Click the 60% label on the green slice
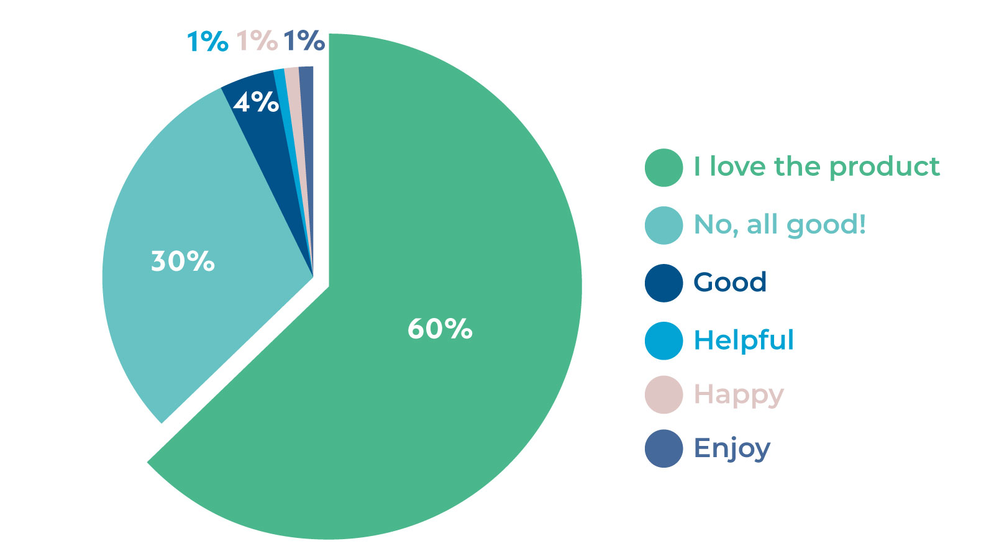click(440, 329)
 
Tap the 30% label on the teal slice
click(183, 261)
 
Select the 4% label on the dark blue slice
click(256, 102)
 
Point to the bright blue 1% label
click(207, 42)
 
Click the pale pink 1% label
click(257, 41)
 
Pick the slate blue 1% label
click(304, 41)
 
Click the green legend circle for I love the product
click(663, 168)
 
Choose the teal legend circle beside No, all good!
click(663, 225)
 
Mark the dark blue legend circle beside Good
click(663, 283)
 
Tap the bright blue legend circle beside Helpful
click(663, 341)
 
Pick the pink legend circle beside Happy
click(663, 394)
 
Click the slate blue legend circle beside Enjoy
click(663, 448)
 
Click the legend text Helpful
click(744, 340)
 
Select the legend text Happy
click(739, 395)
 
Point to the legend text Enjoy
click(732, 448)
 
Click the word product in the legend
click(884, 167)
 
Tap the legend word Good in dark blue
click(730, 283)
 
